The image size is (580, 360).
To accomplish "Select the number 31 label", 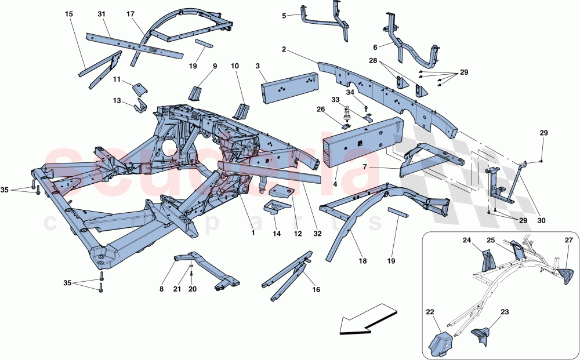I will coord(102,13).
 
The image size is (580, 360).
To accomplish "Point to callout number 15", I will coord(70,13).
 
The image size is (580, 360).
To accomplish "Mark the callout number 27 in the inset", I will coord(568,239).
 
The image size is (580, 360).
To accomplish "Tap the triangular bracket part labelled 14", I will coord(277,207).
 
